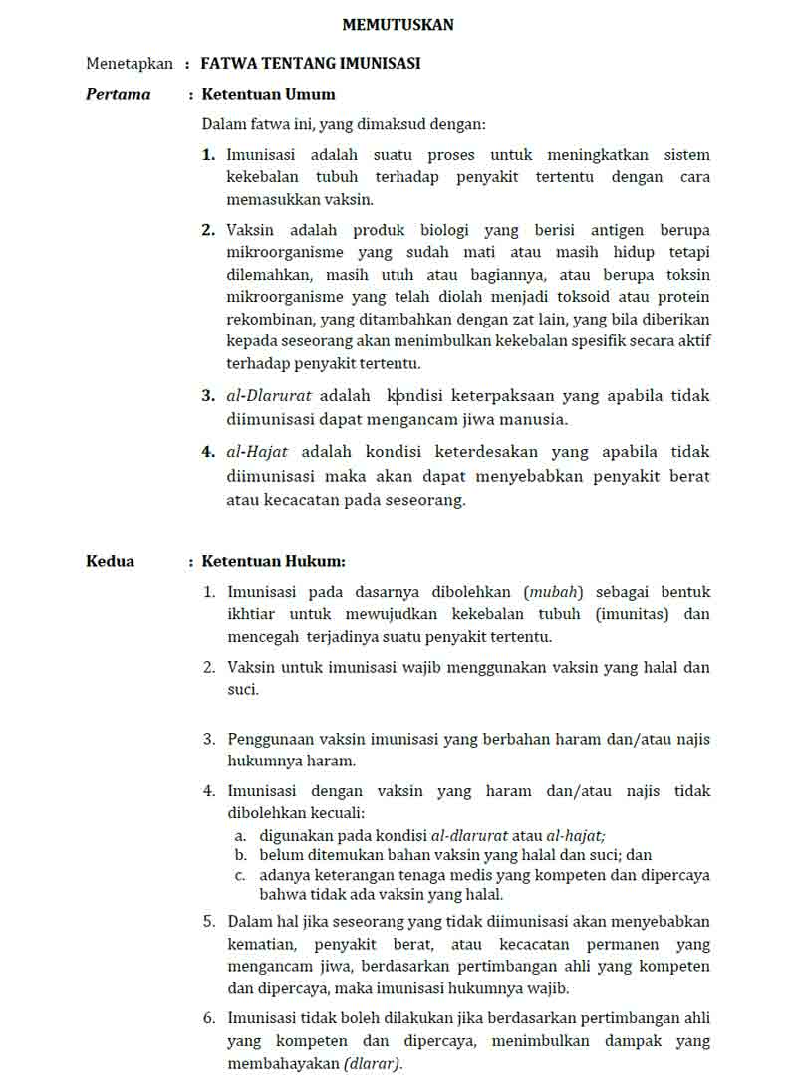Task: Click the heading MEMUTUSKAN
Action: tap(398, 25)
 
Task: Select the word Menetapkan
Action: tap(130, 63)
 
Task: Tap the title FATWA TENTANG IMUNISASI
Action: tap(311, 63)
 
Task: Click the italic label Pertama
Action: tap(119, 94)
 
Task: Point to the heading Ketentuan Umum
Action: tap(269, 94)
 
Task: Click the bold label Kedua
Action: tap(110, 561)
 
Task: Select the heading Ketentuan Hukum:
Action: tap(274, 561)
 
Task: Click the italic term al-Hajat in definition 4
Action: tap(257, 451)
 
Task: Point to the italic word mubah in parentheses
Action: tap(553, 592)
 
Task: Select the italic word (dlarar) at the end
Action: tap(373, 1063)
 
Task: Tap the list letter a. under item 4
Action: tap(240, 835)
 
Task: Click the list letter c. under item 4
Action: tap(240, 875)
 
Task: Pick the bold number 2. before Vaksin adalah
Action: tap(208, 230)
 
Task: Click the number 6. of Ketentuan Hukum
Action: tap(209, 1017)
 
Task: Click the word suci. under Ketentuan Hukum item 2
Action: tap(243, 689)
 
